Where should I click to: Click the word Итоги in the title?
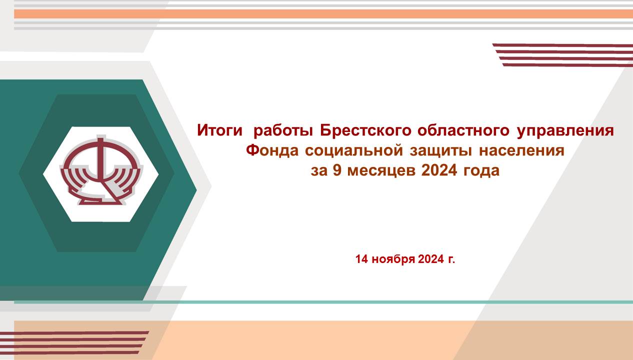[x=219, y=130]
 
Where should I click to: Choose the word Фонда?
[x=272, y=150]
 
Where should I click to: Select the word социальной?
[x=354, y=150]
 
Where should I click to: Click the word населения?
[x=521, y=150]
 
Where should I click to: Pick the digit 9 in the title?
[x=337, y=170]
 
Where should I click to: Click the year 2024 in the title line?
[x=439, y=170]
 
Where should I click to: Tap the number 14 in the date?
[x=361, y=259]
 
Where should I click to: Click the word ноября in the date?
[x=393, y=259]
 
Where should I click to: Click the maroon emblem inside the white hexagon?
[x=101, y=170]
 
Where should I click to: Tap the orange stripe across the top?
[x=323, y=14]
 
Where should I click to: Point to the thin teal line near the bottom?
[x=323, y=302]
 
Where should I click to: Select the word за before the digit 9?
[x=319, y=171]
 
